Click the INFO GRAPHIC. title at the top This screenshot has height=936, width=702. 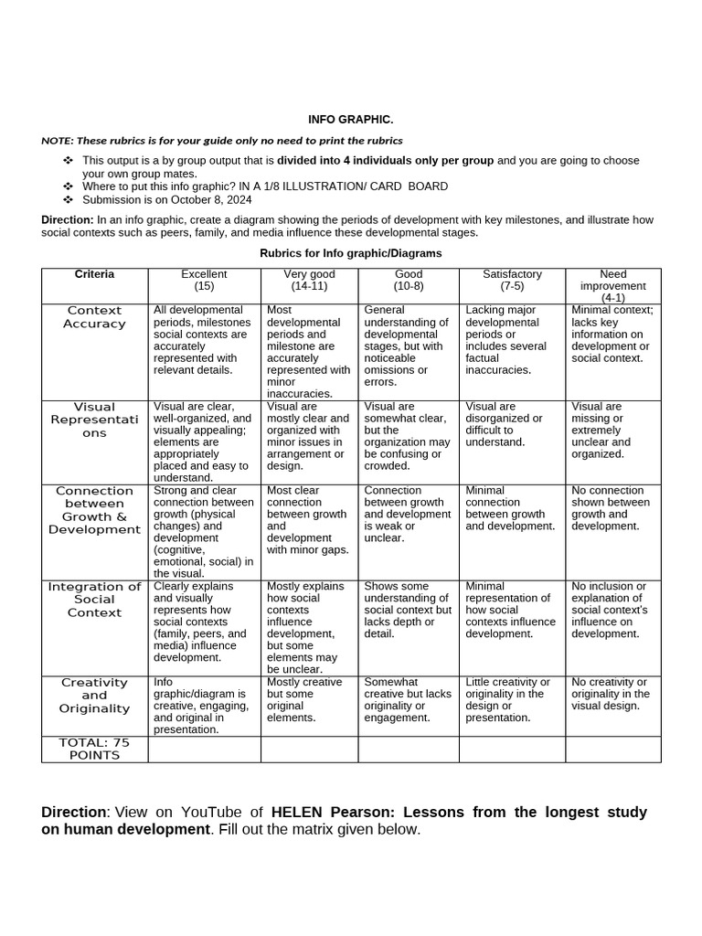(351, 120)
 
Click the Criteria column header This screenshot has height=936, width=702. (94, 274)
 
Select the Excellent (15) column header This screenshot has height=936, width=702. (204, 281)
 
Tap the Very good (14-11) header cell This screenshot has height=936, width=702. (309, 281)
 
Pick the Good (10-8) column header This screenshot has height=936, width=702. (408, 281)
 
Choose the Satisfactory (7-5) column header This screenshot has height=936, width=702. (512, 281)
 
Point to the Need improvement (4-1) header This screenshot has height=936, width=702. (612, 286)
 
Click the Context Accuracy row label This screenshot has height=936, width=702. (94, 317)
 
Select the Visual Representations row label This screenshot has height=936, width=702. (94, 420)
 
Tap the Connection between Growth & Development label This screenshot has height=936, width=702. (94, 510)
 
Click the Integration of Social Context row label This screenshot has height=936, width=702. (94, 600)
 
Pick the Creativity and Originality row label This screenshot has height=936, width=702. (94, 696)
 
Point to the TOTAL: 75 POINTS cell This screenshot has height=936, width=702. (94, 749)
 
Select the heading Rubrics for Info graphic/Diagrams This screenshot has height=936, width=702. (351, 253)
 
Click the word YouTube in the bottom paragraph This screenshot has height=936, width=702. (214, 812)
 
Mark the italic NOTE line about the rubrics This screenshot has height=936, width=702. (222, 141)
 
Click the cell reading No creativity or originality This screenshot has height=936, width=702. (612, 694)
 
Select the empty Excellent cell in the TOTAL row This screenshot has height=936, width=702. (204, 750)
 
